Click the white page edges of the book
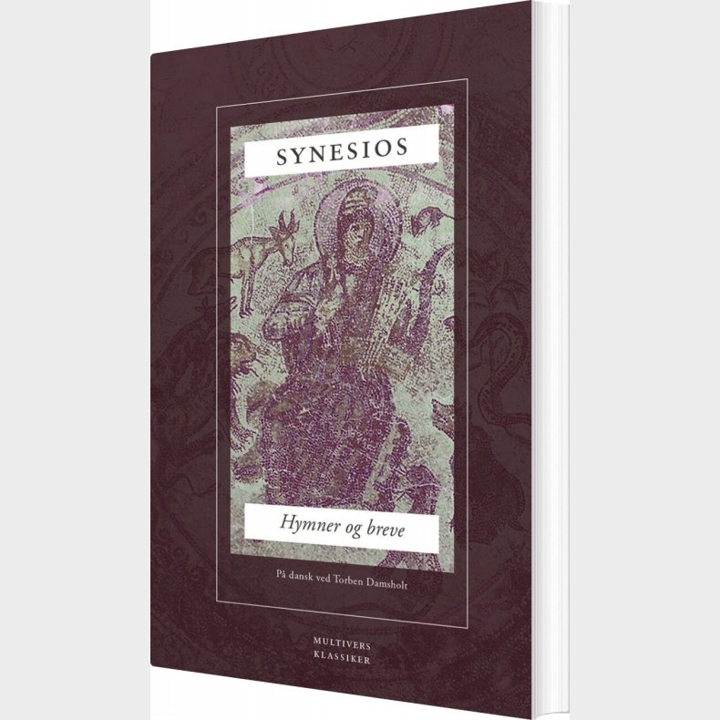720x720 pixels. coord(550,365)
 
